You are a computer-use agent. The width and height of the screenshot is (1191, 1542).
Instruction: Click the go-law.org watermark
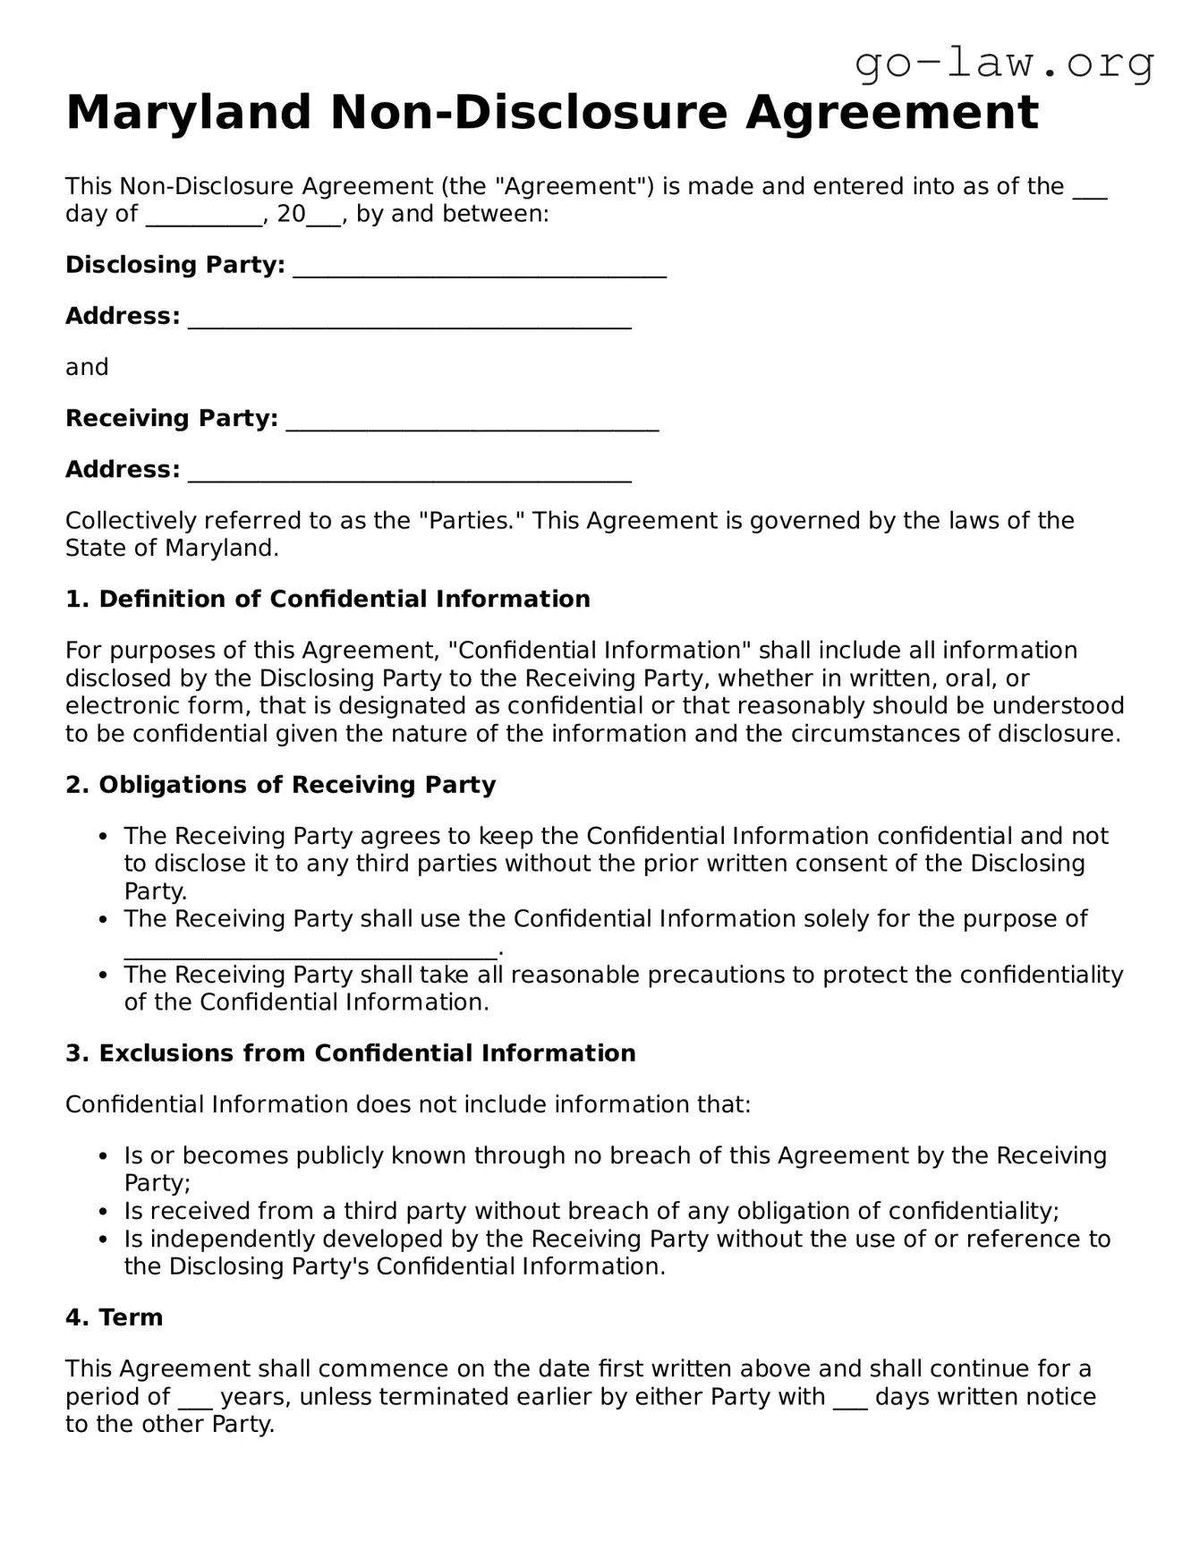(x=1004, y=64)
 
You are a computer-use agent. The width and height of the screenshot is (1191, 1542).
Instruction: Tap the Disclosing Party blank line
(x=480, y=268)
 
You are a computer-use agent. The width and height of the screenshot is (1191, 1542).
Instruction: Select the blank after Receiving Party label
(x=472, y=422)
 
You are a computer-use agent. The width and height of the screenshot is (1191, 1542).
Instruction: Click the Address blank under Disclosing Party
(x=410, y=319)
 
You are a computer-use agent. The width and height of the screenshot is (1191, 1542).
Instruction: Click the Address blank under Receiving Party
(x=410, y=473)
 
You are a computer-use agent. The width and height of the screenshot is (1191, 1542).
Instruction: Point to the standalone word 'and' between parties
(x=87, y=368)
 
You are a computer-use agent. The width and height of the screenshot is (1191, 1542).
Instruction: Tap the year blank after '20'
(x=324, y=216)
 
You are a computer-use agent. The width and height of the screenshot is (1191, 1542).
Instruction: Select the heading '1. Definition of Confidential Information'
(x=328, y=600)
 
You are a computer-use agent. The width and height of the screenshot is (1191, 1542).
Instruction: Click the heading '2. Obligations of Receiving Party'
(x=280, y=785)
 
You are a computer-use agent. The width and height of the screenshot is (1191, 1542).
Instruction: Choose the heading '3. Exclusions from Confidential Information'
(x=350, y=1053)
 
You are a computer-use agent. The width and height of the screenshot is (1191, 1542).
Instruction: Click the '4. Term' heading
(x=114, y=1317)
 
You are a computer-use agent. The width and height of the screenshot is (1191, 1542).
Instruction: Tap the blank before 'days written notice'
(x=850, y=1399)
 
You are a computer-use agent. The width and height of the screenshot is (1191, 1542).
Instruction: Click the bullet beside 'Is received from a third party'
(x=105, y=1213)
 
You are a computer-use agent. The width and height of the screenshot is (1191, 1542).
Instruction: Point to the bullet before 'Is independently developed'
(x=105, y=1240)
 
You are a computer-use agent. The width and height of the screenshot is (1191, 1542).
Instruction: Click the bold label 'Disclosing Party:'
(x=175, y=266)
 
